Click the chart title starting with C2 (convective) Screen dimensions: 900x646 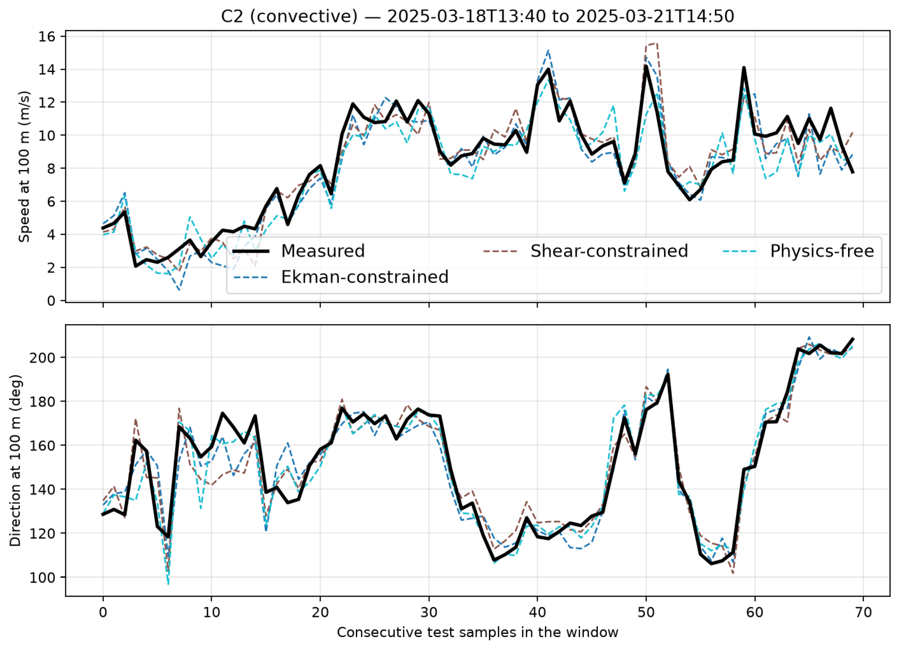477,16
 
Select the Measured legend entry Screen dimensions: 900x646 298,251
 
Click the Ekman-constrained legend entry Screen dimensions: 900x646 340,277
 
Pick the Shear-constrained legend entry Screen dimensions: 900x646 585,251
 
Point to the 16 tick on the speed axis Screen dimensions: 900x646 47,37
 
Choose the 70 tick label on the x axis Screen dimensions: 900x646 863,612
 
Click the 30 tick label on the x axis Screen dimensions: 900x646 429,612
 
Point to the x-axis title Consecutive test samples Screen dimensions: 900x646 478,632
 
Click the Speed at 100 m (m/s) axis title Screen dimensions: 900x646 25,167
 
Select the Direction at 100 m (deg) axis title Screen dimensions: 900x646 15,460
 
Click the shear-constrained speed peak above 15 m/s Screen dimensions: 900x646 657,43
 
